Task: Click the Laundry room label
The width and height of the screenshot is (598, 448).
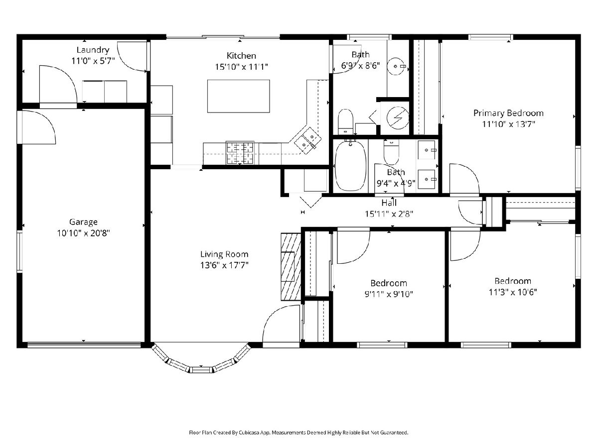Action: [93, 50]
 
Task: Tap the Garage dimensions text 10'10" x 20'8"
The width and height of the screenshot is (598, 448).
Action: [83, 233]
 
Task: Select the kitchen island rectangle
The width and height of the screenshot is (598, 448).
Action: [238, 96]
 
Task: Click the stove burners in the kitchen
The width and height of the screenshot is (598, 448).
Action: [240, 153]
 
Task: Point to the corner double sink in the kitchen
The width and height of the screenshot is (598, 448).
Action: [308, 141]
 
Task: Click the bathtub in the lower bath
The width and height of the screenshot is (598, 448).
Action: [350, 166]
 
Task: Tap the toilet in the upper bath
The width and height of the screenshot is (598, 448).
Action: [345, 121]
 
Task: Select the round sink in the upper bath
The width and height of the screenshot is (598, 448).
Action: [397, 66]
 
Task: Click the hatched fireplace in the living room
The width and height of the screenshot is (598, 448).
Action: [291, 267]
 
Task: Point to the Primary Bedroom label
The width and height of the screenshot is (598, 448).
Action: [508, 113]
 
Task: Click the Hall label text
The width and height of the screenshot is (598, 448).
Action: [389, 203]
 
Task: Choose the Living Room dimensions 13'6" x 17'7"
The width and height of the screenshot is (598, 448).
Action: [224, 265]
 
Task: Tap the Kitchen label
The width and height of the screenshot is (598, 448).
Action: [241, 56]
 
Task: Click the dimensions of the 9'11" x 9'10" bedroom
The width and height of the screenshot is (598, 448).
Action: [389, 294]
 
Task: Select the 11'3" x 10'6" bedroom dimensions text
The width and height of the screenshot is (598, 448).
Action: [513, 292]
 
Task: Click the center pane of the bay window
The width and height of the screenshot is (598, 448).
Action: [201, 370]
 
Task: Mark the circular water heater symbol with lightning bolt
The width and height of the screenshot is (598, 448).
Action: [398, 117]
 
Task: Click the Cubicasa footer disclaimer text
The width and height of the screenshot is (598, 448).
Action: [299, 433]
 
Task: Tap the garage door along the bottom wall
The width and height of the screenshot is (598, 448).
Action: [84, 345]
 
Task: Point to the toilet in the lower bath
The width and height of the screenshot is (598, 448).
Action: [391, 152]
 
